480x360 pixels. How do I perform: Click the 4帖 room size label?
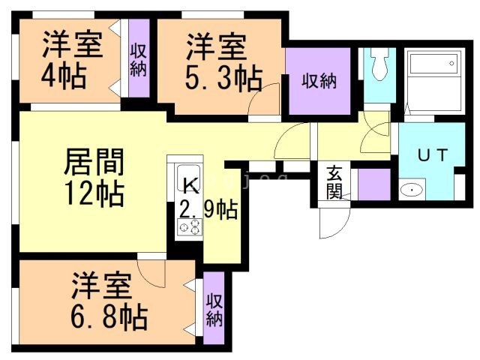63,76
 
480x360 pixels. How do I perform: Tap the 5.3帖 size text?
224,76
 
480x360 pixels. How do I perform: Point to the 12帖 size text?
94,194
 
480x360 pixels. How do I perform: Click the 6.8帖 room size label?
109,316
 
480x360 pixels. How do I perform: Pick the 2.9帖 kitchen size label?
208,208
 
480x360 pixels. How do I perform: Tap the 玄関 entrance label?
334,182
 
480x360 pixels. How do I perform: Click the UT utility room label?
433,156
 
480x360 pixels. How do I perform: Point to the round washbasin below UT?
412,190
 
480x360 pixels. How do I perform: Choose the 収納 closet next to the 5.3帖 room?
319,80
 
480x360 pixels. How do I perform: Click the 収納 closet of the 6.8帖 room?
214,310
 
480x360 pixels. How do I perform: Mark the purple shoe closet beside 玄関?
373,184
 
